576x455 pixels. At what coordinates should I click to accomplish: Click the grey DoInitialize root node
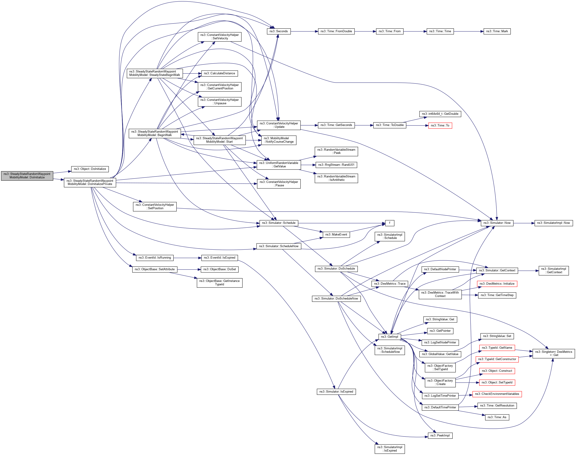point(27,176)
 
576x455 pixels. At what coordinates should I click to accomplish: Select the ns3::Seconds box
point(279,31)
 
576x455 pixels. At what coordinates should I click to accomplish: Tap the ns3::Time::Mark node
point(497,31)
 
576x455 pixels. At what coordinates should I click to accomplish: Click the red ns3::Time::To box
point(440,126)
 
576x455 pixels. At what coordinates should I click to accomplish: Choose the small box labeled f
point(389,223)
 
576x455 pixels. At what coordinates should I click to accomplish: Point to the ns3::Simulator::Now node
point(497,223)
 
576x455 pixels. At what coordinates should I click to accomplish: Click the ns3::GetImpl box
point(389,337)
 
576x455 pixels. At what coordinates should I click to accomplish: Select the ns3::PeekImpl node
point(440,436)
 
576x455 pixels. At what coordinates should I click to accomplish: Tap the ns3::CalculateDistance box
point(219,74)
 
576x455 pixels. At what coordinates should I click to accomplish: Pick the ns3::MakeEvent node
point(336,235)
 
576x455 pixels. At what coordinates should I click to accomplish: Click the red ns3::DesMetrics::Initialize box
point(497,284)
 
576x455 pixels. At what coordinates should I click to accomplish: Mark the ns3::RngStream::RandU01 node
point(336,165)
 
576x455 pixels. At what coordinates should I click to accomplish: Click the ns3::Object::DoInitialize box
point(90,169)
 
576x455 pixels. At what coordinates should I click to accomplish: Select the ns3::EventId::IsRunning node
point(155,258)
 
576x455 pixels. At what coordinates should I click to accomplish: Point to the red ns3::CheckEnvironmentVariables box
point(497,394)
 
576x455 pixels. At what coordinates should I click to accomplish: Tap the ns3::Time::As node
point(497,417)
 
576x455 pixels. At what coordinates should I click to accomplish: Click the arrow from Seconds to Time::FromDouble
point(304,31)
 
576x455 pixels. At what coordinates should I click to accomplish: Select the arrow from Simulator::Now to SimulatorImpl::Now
point(524,223)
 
